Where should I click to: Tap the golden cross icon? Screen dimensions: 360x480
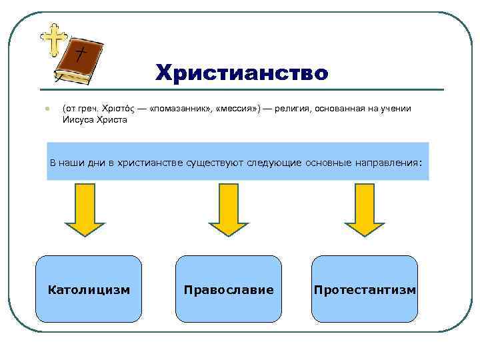pos(53,39)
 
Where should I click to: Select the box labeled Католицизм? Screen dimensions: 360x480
pos(89,289)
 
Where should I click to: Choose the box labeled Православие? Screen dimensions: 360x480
pos(229,289)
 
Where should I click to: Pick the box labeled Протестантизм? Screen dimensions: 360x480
pos(365,289)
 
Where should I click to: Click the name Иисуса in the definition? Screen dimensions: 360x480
pos(79,120)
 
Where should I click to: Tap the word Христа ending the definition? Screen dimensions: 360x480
pos(112,120)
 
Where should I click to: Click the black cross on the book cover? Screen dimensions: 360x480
pos(81,53)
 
